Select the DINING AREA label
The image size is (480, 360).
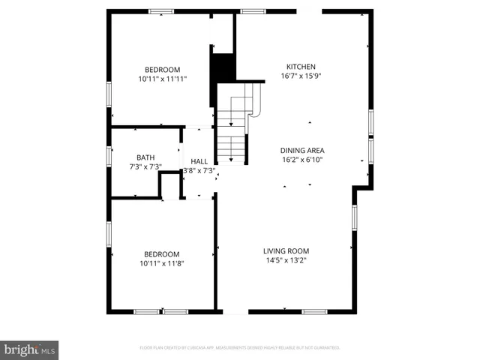tap(302, 150)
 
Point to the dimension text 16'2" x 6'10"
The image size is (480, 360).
tap(302, 160)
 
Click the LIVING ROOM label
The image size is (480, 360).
tap(286, 250)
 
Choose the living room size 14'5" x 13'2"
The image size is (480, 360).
tap(286, 260)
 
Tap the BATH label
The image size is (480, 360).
tap(145, 157)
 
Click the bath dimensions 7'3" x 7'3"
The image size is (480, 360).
tap(145, 166)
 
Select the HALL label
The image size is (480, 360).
tap(199, 161)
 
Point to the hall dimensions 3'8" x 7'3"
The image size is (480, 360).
tap(199, 171)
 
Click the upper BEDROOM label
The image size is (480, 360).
tap(162, 69)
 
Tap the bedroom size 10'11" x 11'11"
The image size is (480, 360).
tap(162, 79)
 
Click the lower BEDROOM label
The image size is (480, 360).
tap(162, 254)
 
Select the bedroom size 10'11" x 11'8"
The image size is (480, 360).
tap(162, 263)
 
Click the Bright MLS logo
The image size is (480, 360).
tap(30, 349)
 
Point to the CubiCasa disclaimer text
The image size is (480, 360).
tap(240, 348)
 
